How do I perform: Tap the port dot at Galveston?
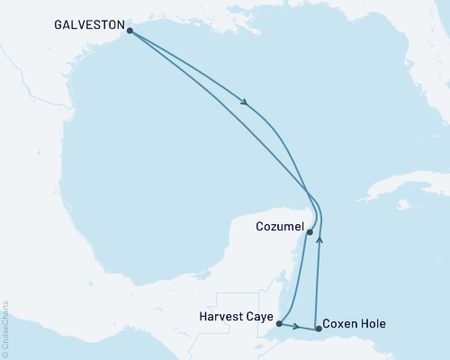point(130,31)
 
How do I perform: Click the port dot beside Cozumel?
point(310,232)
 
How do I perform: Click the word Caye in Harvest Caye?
point(260,316)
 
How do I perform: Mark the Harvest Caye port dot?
point(280,323)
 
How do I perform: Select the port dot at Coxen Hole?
point(319,328)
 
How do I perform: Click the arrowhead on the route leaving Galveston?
point(245,102)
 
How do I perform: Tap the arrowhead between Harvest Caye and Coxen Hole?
point(298,327)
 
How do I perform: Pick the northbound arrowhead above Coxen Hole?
point(320,240)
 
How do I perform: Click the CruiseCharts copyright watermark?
point(5,328)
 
